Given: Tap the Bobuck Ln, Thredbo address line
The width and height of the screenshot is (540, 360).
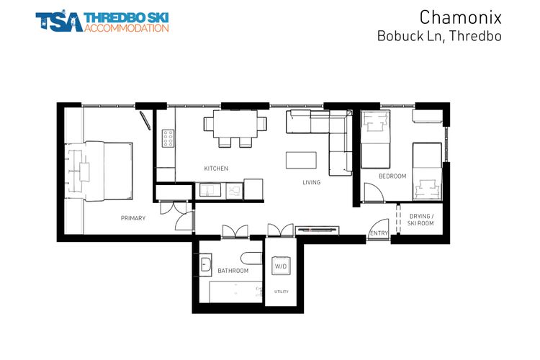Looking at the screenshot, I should [x=438, y=35].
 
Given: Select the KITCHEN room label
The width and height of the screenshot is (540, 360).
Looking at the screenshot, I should [x=216, y=168].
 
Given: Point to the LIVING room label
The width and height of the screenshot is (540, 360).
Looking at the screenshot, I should [x=311, y=183].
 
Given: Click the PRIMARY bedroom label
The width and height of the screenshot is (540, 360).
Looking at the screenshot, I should [x=133, y=218].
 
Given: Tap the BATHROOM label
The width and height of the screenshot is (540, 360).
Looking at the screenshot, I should [x=233, y=271].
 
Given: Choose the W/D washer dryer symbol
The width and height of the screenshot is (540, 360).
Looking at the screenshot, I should [x=281, y=266].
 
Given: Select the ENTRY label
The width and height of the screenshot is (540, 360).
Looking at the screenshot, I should [x=379, y=233].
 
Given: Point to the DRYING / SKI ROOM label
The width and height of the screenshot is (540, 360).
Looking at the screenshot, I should [x=421, y=220].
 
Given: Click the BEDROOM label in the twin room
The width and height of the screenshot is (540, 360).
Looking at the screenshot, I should [x=392, y=176].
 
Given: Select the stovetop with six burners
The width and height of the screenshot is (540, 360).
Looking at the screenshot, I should [x=168, y=138].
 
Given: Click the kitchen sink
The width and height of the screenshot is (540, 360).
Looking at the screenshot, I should [x=210, y=190].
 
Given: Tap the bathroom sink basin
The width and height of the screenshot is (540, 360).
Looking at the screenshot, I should [x=204, y=263].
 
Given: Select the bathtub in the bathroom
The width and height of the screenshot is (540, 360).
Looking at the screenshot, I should [x=235, y=292].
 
